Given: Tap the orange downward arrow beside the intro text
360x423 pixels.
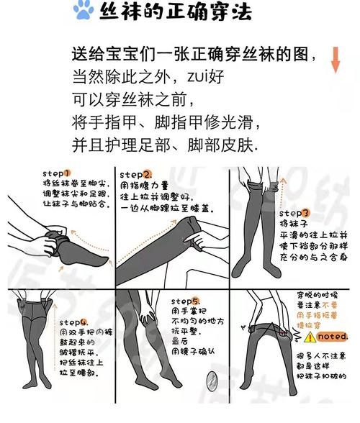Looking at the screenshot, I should click(336, 59).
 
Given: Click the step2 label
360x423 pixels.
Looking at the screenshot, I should click(136, 174).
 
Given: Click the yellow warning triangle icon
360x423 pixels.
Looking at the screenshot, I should click(310, 336).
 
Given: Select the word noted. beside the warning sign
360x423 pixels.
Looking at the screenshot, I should click(333, 336).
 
